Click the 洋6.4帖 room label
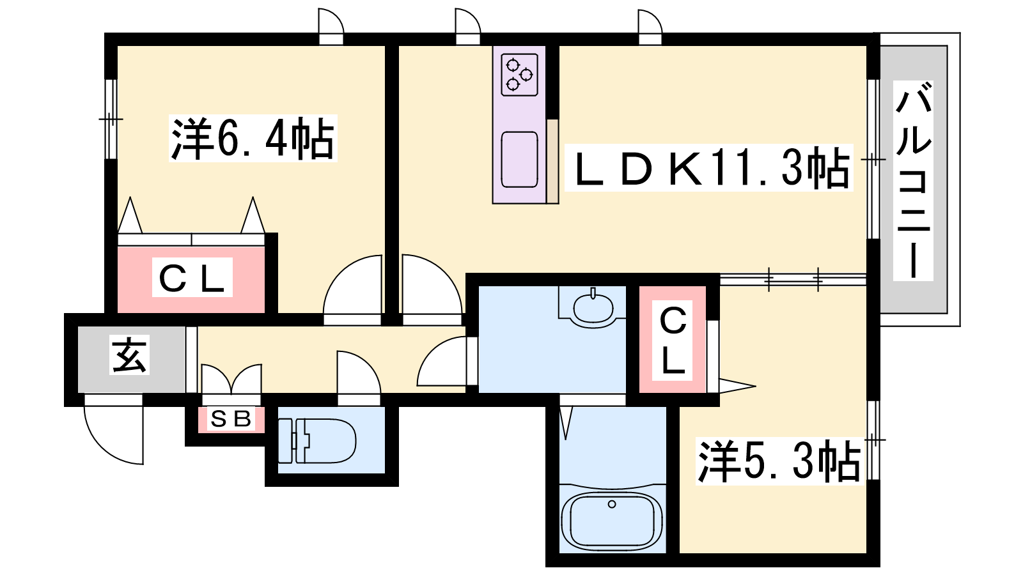pos(253,138)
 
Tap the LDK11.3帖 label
pos(709,167)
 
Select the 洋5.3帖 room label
pos(779,461)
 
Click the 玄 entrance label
pos(130,355)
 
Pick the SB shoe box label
pos(231,418)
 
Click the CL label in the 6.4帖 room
pos(192,277)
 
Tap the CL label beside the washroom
pos(673,341)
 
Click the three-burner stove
pos(519,75)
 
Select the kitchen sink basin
pos(519,159)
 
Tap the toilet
pos(317,441)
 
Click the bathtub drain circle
pos(612,504)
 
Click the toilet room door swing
pos(359,372)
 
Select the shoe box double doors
pos(231,379)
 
